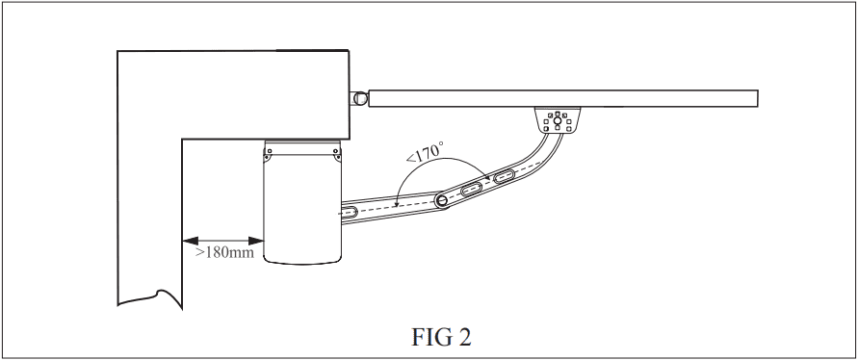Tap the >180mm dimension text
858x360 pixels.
pyautogui.click(x=225, y=253)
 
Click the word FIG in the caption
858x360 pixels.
pyautogui.click(x=430, y=337)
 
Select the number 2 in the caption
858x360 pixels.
pyautogui.click(x=464, y=337)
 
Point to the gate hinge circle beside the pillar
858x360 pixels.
pyautogui.click(x=359, y=98)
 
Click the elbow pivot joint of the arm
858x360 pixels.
pyautogui.click(x=442, y=201)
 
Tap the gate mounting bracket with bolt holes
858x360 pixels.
pyautogui.click(x=558, y=119)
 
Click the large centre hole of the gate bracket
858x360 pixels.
pyautogui.click(x=557, y=120)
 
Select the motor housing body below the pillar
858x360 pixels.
pyautogui.click(x=302, y=202)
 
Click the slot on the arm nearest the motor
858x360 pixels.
pyautogui.click(x=350, y=213)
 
